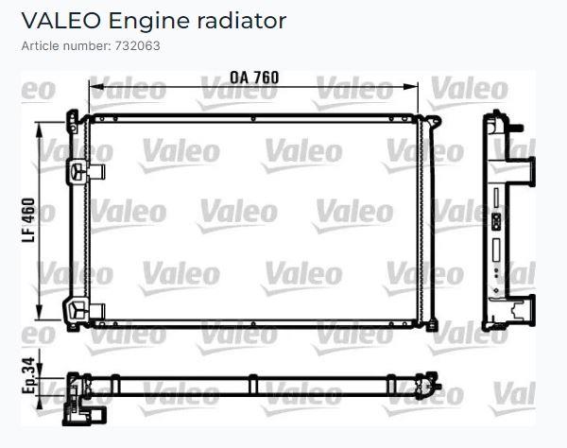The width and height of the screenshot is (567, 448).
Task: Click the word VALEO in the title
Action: tap(60, 21)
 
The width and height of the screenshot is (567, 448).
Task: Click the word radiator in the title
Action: tap(242, 21)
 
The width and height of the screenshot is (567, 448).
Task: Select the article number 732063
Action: tap(137, 46)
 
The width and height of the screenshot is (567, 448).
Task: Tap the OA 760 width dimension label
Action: tap(254, 78)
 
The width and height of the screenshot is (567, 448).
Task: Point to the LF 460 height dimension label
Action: tap(28, 219)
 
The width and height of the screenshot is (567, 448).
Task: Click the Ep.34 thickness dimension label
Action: tap(28, 375)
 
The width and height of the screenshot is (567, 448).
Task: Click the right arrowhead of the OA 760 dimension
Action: tap(410, 87)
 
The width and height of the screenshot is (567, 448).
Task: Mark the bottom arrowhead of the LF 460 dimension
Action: tap(40, 313)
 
